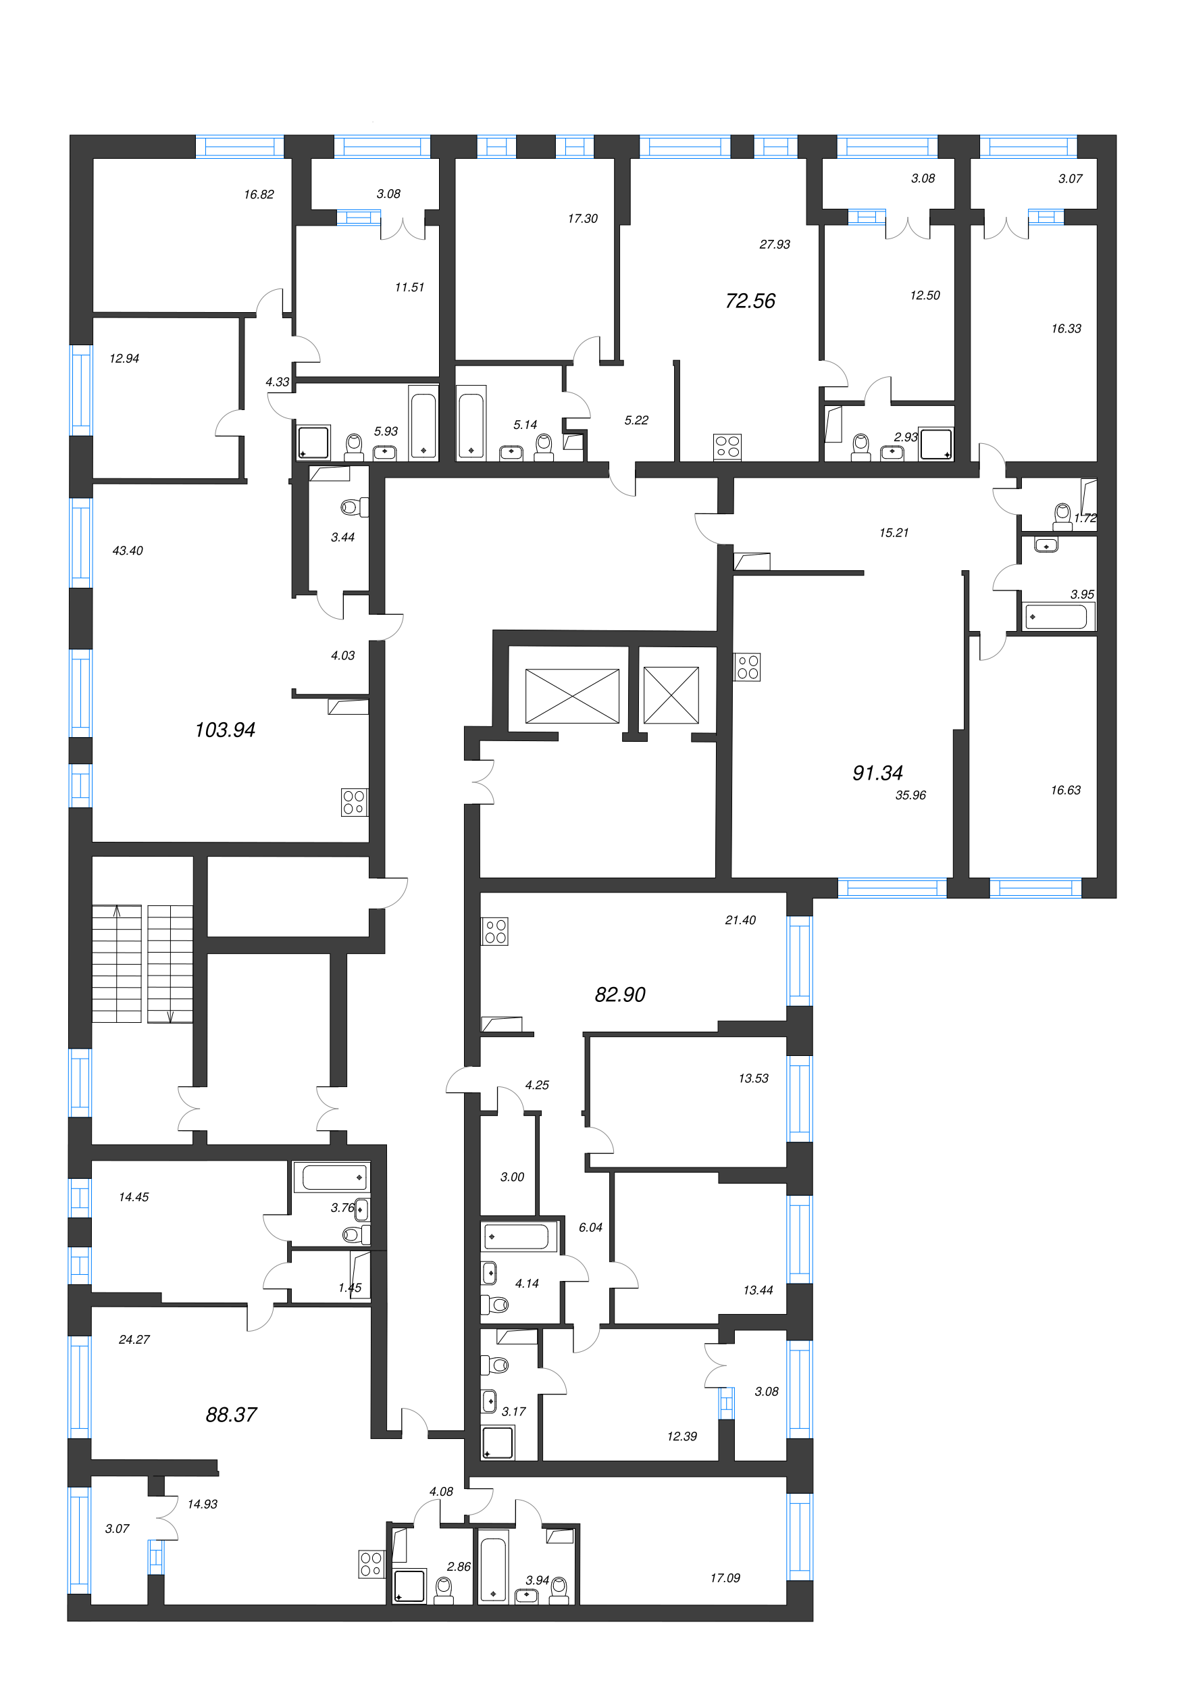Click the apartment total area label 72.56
tap(750, 301)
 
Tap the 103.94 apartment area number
tap(225, 730)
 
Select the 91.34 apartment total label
tap(877, 772)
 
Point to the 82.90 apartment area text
tap(620, 994)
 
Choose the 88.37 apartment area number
tap(231, 1415)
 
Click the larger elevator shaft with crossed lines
tap(571, 696)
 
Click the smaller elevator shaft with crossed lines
tap(671, 695)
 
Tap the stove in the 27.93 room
tap(727, 447)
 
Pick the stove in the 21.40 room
tap(495, 931)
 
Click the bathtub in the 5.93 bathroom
tap(423, 425)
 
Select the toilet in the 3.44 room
tap(354, 507)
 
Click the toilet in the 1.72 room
tap(1062, 514)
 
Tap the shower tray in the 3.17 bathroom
tap(498, 1442)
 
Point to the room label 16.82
tap(259, 194)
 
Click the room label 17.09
tap(725, 1578)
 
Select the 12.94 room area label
tap(124, 358)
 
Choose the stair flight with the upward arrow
tap(116, 963)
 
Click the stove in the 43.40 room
tap(354, 802)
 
